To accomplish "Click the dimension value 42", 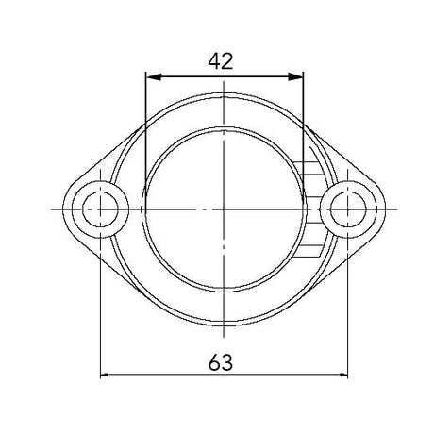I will pyautogui.click(x=221, y=62).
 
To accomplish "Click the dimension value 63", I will pyautogui.click(x=221, y=360).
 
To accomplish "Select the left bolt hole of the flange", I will pyautogui.click(x=99, y=208).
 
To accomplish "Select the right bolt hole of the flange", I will pyautogui.click(x=346, y=208).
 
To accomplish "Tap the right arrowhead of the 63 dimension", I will pyautogui.click(x=341, y=376).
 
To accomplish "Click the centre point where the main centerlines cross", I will pyautogui.click(x=223, y=208).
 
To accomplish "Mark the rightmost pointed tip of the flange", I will pyautogui.click(x=383, y=208).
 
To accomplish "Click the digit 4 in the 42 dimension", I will pyautogui.click(x=213, y=62).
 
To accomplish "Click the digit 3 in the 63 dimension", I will pyautogui.click(x=229, y=360).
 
